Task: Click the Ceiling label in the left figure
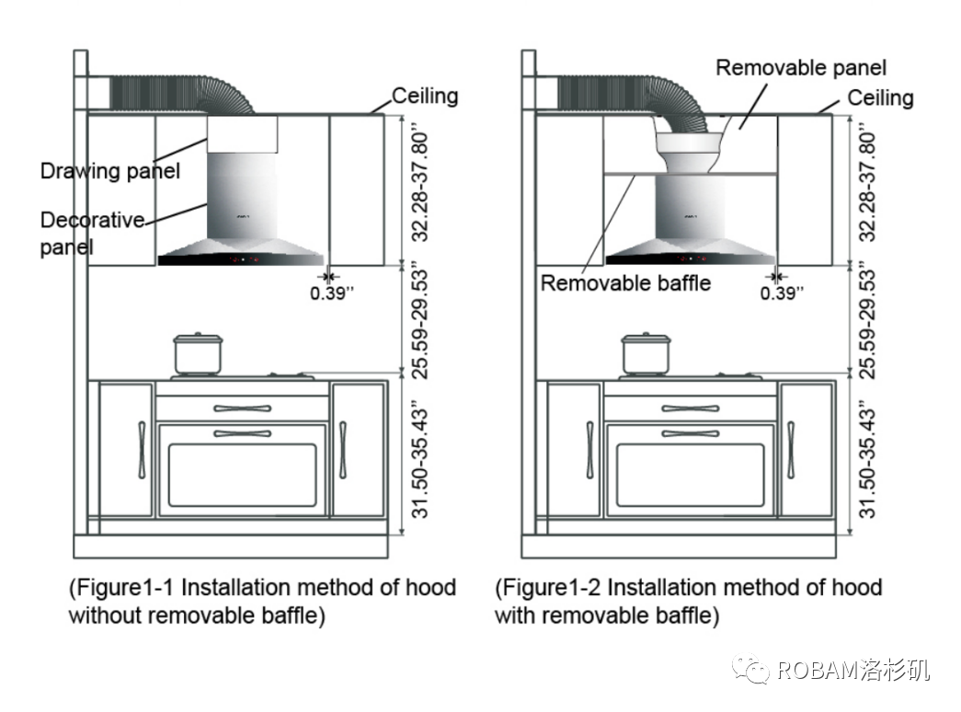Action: click(425, 96)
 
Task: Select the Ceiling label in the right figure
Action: click(880, 98)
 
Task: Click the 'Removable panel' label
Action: click(801, 68)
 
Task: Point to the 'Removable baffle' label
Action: click(625, 282)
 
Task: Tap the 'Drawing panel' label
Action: click(109, 170)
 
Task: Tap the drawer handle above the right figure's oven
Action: click(691, 408)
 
